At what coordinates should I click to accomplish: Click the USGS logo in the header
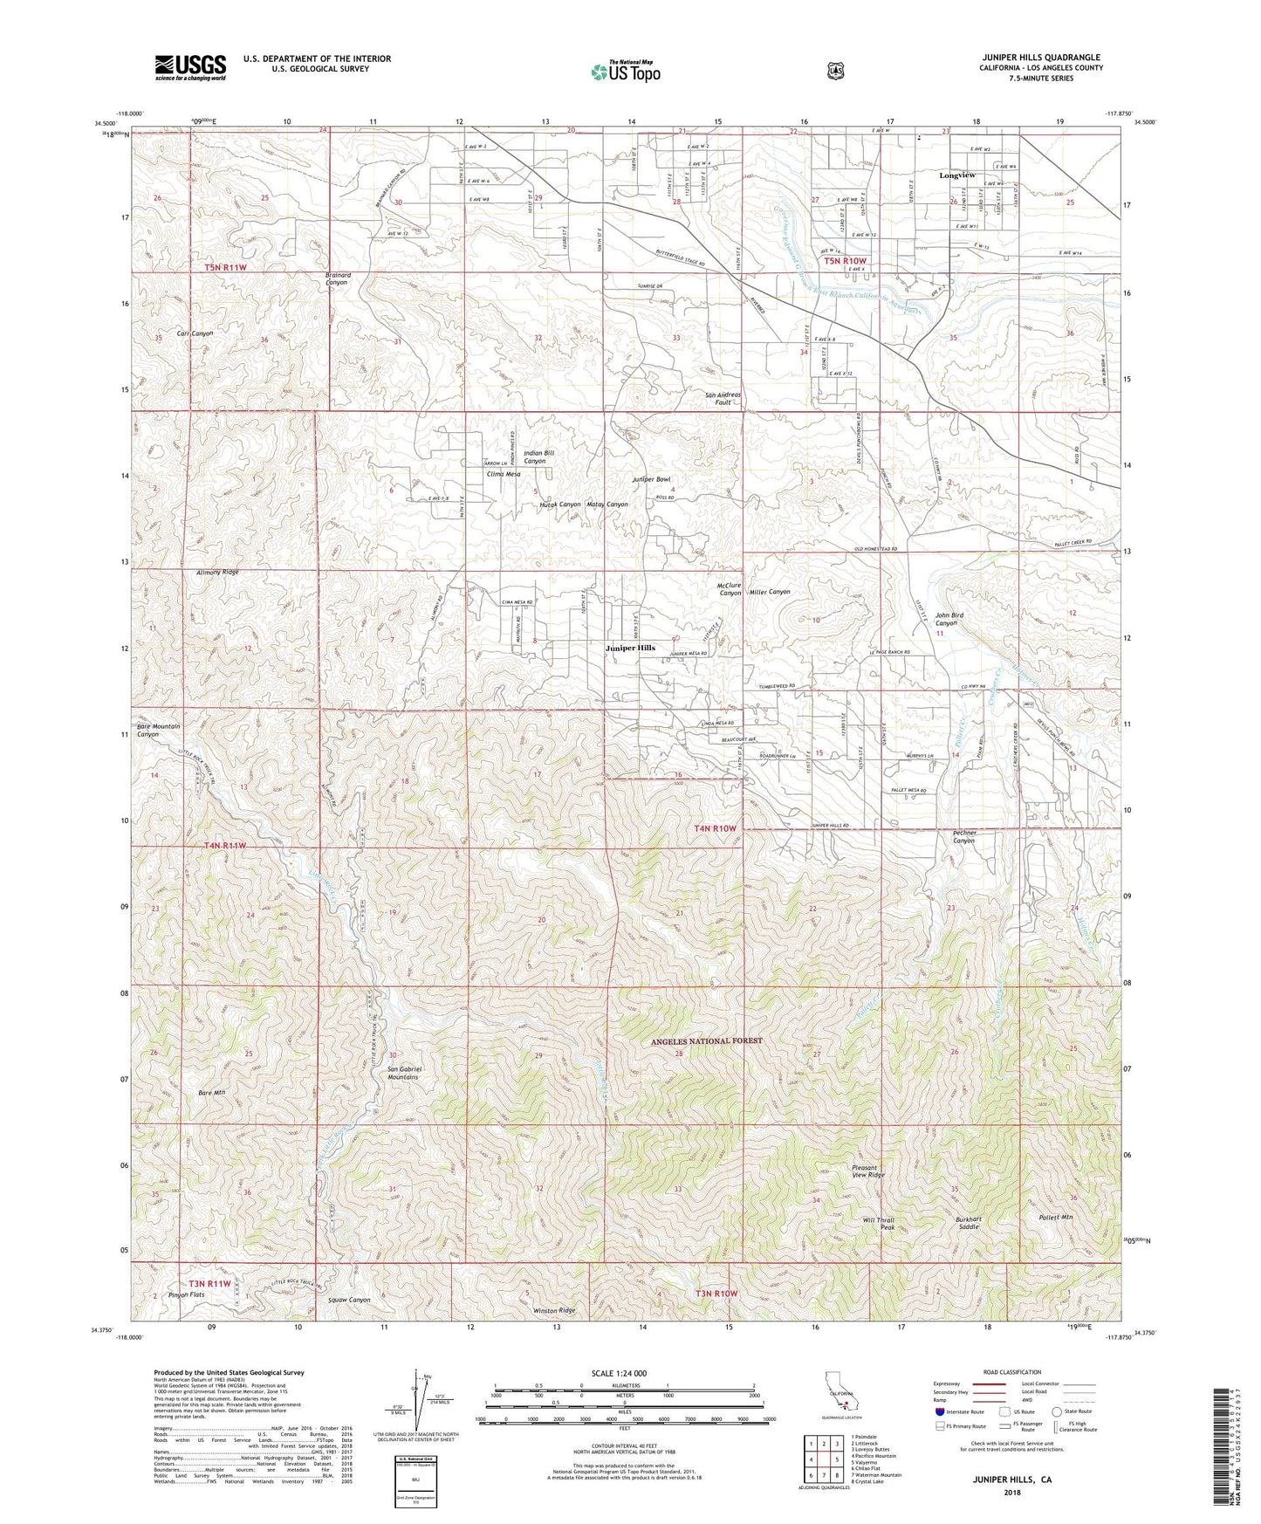(190, 67)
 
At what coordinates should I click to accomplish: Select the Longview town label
(956, 175)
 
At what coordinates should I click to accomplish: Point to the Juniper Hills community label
(630, 649)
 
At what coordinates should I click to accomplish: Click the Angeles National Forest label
(706, 1040)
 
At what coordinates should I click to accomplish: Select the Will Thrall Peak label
(878, 1224)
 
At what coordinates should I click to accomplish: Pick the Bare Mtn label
(212, 1092)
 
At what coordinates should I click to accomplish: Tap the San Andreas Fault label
(723, 399)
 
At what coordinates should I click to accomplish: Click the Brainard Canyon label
(337, 278)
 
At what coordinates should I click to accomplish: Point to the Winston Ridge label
(555, 1310)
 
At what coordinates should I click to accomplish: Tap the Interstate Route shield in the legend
(939, 1411)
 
